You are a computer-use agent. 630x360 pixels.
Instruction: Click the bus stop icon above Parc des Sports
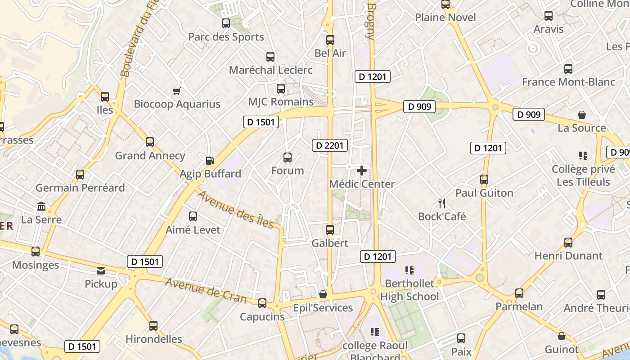(x=226, y=23)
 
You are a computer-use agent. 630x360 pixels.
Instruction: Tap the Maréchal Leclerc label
(x=270, y=70)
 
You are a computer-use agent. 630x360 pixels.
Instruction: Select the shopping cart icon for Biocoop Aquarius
(x=177, y=91)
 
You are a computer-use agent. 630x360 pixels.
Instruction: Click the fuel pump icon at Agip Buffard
(x=210, y=160)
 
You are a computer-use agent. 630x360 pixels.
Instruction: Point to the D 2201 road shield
(x=330, y=145)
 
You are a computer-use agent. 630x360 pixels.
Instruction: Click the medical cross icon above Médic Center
(x=362, y=171)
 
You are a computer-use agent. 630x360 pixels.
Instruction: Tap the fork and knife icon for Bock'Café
(x=442, y=203)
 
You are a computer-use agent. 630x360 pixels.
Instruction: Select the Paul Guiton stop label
(x=484, y=193)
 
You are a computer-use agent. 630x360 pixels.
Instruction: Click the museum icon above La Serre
(x=41, y=207)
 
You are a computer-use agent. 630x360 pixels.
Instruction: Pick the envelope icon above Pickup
(x=101, y=271)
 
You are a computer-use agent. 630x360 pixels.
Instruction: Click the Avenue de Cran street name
(x=206, y=290)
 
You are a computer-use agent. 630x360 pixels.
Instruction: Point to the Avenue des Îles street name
(x=236, y=209)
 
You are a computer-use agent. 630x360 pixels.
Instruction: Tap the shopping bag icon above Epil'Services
(x=323, y=295)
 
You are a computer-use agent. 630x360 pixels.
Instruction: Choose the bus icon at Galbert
(x=330, y=230)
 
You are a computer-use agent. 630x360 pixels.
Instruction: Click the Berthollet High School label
(x=409, y=290)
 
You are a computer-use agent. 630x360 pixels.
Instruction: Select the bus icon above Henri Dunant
(x=568, y=243)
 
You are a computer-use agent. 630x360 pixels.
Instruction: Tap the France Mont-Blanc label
(x=568, y=82)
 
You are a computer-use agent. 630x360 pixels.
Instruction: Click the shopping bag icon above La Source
(x=582, y=115)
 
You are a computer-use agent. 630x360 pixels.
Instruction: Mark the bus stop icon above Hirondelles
(x=153, y=326)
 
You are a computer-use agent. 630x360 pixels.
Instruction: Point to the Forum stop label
(x=288, y=171)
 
